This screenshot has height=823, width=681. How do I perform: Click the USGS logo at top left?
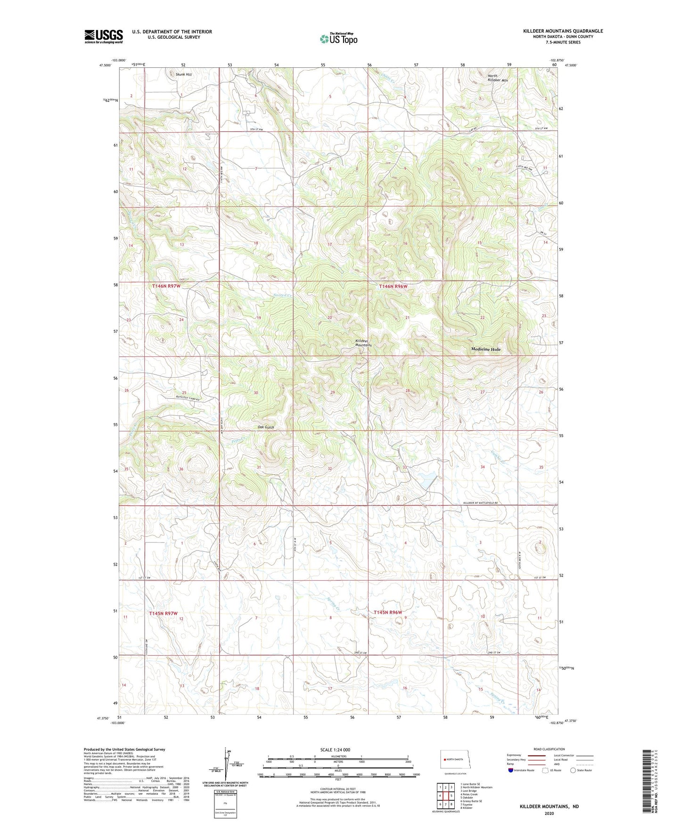click(x=104, y=36)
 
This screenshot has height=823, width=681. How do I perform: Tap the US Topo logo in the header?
click(x=338, y=39)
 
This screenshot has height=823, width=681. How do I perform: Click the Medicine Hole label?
click(x=486, y=349)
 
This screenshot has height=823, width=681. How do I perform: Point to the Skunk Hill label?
click(x=183, y=74)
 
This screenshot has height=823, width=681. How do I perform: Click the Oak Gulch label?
click(x=266, y=427)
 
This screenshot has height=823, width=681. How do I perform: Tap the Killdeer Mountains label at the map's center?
click(x=363, y=343)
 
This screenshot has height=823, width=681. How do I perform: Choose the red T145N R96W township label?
click(x=388, y=612)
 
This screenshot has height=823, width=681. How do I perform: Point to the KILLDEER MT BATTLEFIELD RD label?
click(x=480, y=503)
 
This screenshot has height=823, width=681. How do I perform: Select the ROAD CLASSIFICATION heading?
click(x=549, y=749)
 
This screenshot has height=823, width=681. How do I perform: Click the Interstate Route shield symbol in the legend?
click(x=511, y=771)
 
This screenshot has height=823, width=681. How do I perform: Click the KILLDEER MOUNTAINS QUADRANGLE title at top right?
click(x=563, y=31)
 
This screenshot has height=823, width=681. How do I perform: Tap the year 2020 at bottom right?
click(x=549, y=813)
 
